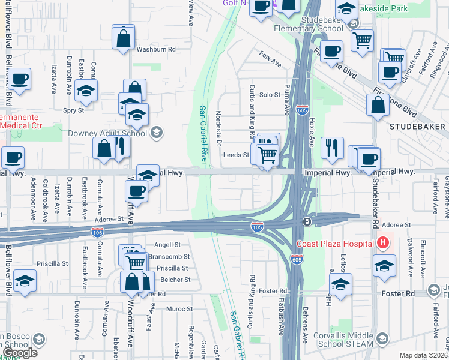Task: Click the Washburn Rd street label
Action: click(x=155, y=49)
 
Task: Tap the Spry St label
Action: click(x=74, y=110)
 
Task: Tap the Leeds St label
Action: click(x=236, y=155)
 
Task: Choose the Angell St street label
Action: click(x=167, y=245)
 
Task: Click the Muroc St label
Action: click(x=179, y=309)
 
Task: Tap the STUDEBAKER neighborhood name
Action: click(x=418, y=127)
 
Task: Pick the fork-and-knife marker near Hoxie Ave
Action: click(x=331, y=147)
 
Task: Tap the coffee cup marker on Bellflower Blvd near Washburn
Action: click(x=19, y=79)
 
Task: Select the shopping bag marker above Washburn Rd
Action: click(x=123, y=37)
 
